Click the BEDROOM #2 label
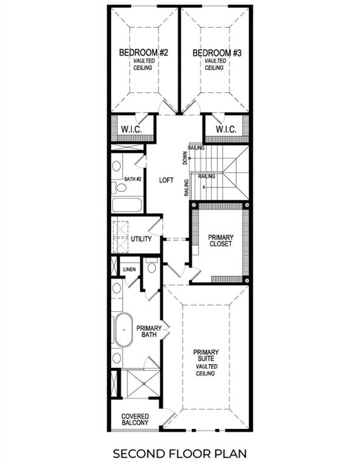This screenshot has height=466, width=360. point(143,53)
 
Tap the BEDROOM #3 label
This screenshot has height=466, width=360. point(217,53)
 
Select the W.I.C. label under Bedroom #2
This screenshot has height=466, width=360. point(131,130)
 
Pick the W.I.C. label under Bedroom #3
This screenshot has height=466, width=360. point(225,130)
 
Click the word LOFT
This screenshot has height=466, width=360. point(166,180)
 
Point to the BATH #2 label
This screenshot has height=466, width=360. point(132,179)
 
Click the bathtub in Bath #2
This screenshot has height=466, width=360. point(127,204)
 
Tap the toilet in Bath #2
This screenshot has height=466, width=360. point(120,187)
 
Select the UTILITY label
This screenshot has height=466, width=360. point(141,239)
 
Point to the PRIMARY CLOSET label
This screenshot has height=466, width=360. point(220,241)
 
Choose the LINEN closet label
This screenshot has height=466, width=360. point(129,269)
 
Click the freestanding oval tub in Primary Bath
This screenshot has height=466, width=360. point(124,329)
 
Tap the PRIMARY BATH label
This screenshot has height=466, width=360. point(149,333)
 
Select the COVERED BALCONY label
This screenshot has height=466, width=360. point(135,419)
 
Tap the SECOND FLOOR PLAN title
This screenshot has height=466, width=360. point(180,453)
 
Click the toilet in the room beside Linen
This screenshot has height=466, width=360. point(152,267)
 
